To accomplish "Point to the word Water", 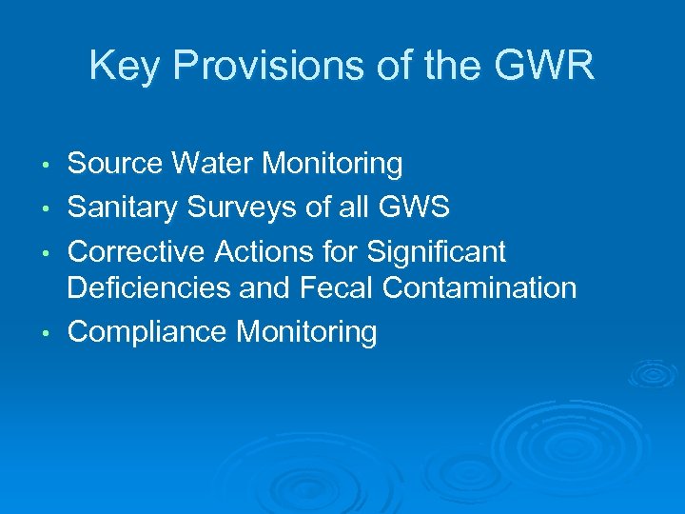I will (215, 165).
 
